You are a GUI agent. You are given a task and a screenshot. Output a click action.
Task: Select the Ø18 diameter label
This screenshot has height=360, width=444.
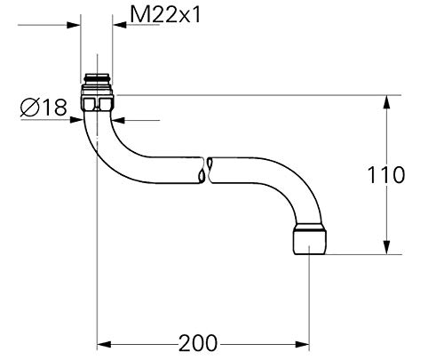42,108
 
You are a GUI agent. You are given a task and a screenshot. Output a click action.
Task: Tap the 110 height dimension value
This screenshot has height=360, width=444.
387,173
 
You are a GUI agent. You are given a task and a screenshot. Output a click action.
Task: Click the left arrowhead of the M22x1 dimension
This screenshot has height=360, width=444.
75,24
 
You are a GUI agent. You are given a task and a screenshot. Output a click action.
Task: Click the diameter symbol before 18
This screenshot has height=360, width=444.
27,108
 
